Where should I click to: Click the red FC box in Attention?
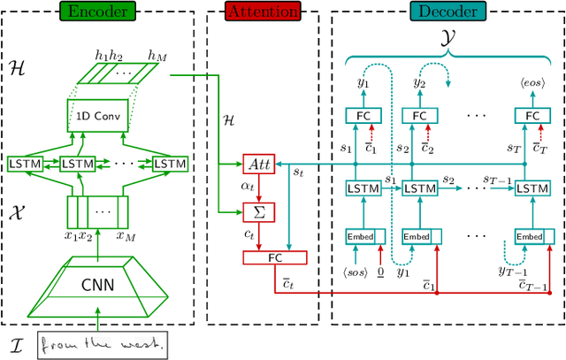(274, 258)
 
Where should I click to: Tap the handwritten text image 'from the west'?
(103, 344)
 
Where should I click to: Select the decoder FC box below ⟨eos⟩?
(533, 115)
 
